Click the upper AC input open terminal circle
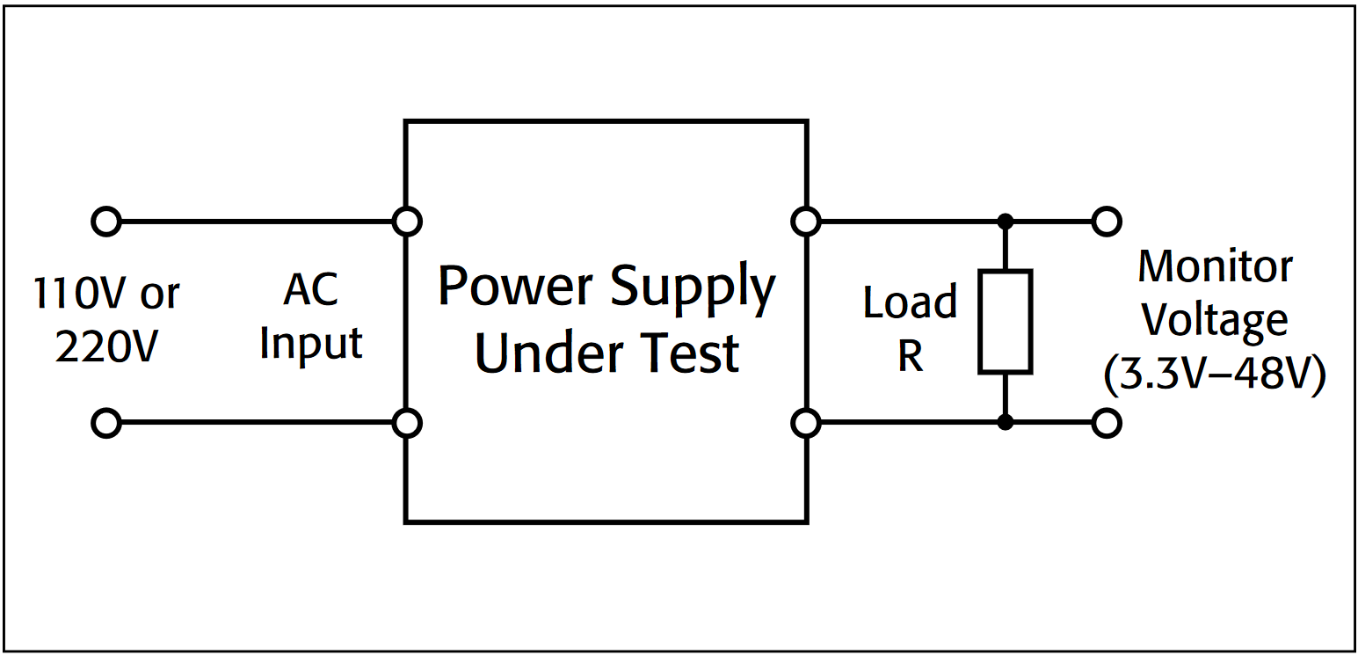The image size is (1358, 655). coord(105,222)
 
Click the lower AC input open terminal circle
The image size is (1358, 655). coord(105,424)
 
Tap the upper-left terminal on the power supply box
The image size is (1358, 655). coord(406,222)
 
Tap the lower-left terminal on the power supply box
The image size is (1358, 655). coord(406,424)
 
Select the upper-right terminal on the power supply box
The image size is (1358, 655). coord(805,222)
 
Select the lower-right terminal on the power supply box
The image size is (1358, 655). coord(805,424)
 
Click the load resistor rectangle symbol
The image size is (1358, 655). coord(1006,322)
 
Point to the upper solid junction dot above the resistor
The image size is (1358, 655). coord(1006,222)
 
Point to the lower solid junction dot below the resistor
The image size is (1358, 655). coord(1006,424)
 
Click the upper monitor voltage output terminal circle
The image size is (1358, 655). coord(1107,222)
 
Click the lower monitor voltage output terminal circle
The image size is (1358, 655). coord(1107,424)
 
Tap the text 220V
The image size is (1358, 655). coord(106,347)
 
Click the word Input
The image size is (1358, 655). coord(311,344)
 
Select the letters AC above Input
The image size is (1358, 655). coord(310,290)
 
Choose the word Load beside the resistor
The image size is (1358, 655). coord(910,303)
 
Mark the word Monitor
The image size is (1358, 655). coord(1215,267)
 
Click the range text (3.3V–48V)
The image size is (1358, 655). coord(1214,376)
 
